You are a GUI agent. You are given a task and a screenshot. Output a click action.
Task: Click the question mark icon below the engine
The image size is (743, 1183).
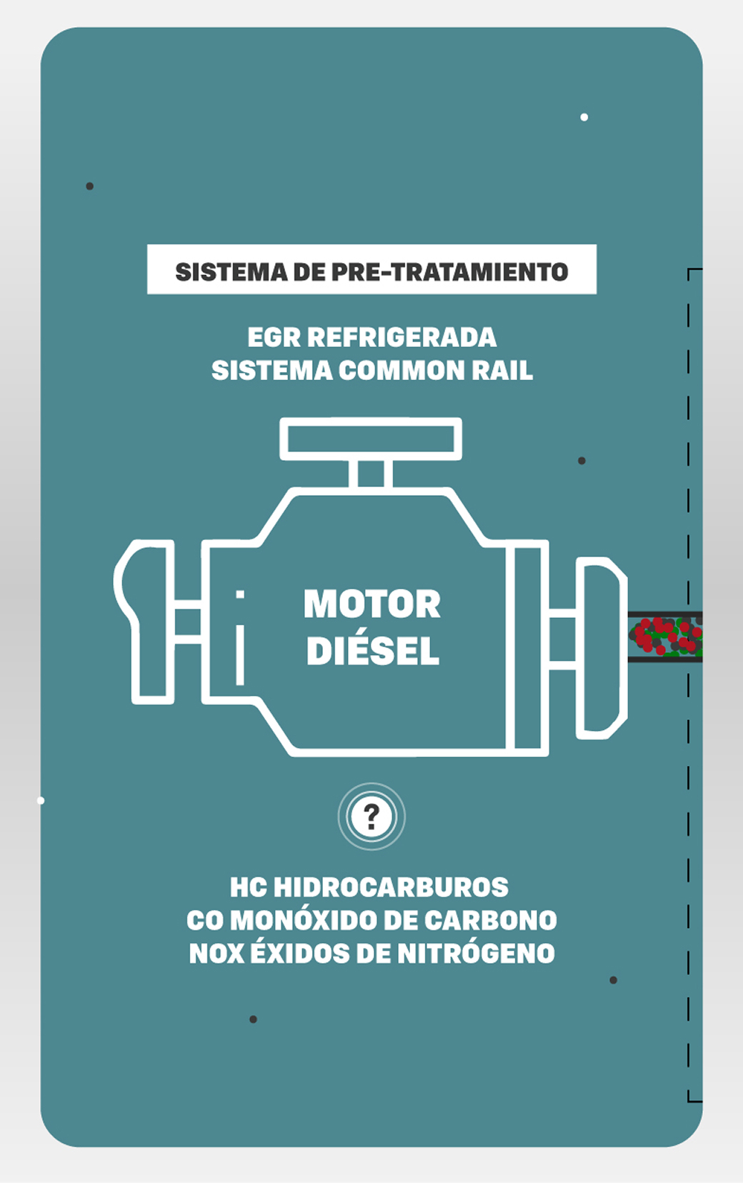pos(371,816)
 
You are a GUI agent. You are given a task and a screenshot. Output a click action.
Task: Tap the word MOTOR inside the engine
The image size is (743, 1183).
pos(371,604)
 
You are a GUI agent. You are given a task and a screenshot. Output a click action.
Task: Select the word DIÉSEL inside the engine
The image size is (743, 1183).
pos(372,651)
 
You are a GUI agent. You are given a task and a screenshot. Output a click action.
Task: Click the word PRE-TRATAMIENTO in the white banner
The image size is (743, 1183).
pos(450,272)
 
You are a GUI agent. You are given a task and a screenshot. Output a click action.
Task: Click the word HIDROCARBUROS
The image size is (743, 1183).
pos(391,887)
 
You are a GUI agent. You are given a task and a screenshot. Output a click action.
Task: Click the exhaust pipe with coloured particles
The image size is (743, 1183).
pos(665,637)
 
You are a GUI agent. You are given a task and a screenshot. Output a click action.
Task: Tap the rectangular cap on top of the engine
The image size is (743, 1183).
pos(371,438)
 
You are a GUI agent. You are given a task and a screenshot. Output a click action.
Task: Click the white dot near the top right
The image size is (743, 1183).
pos(584,117)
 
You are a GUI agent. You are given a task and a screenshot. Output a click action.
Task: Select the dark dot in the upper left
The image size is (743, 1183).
pos(90,186)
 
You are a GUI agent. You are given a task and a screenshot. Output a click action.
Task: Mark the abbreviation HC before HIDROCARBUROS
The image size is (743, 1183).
pos(248,887)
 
